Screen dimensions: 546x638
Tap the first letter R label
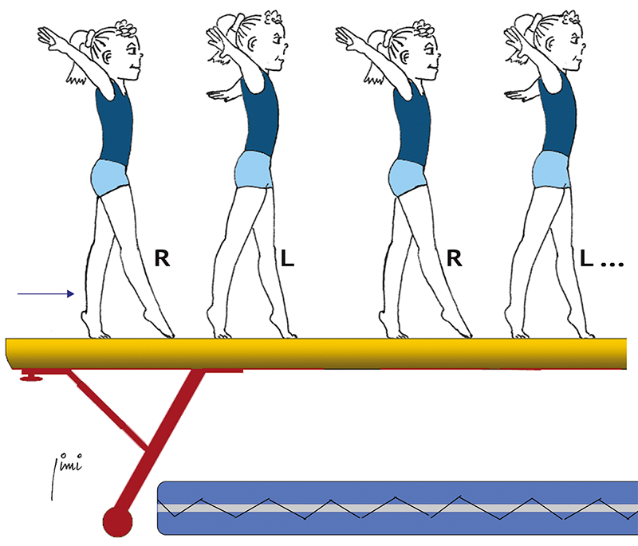coord(163,258)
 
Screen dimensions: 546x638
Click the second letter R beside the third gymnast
coord(455,258)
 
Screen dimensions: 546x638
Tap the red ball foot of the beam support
coord(118,521)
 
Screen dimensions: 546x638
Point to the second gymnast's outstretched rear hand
coord(214,95)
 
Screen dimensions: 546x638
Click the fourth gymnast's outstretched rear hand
coord(511,95)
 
